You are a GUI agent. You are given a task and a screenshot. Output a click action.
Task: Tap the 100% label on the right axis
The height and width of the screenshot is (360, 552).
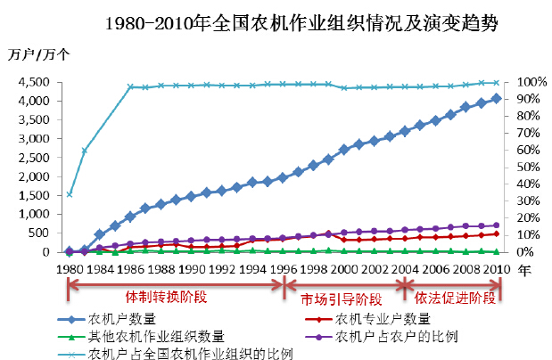tap(521, 82)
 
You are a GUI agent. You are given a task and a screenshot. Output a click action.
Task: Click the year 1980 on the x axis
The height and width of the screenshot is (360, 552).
tap(69, 267)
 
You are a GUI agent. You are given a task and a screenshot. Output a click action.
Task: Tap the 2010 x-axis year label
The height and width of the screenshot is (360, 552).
tap(495, 267)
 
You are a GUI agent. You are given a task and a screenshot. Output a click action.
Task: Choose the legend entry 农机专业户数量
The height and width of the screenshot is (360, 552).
tap(381, 319)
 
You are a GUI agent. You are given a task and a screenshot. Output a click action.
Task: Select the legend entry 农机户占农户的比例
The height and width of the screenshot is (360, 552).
tap(393, 336)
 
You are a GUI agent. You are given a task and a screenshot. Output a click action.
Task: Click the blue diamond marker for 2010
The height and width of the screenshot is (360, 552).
tap(496, 98)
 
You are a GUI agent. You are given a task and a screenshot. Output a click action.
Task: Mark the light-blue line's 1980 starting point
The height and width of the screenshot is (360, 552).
tap(70, 194)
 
